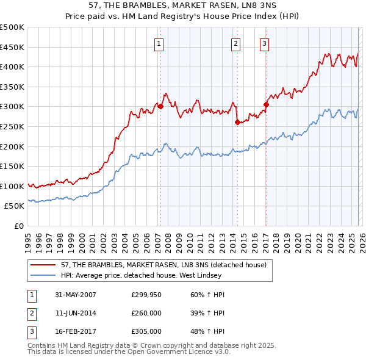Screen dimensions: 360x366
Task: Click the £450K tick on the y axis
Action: pos(12,47)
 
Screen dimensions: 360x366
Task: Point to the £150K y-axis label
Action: pos(12,167)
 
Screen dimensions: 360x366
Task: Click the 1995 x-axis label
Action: pos(28,239)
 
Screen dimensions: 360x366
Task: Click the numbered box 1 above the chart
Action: pos(159,43)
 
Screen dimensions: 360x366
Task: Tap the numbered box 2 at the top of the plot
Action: pos(235,43)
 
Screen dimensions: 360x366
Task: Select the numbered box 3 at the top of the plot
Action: pos(265,43)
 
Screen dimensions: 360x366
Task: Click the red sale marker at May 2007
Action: pos(161,106)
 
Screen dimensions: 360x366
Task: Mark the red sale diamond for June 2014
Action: pos(237,122)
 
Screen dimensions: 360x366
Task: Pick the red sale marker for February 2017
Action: pos(266,104)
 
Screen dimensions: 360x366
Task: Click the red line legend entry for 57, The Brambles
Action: pos(163,265)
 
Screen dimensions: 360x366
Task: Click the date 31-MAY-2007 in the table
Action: pos(76,295)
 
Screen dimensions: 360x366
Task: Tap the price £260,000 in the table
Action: pos(146,313)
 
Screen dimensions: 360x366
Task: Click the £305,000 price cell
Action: pos(146,331)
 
